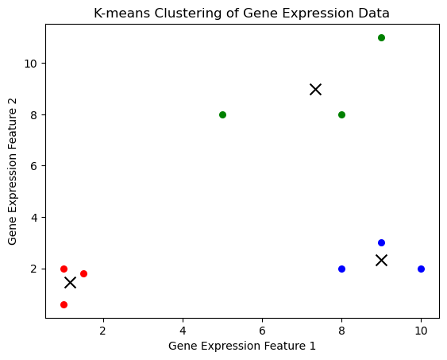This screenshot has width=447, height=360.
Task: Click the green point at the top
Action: (381, 37)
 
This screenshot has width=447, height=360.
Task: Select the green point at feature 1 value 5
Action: (222, 114)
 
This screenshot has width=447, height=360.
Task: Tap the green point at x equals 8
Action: (341, 114)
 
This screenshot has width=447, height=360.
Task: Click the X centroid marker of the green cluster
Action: (315, 89)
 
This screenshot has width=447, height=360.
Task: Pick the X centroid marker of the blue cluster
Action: (381, 260)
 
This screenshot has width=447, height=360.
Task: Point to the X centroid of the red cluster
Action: (70, 282)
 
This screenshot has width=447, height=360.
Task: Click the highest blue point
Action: (381, 242)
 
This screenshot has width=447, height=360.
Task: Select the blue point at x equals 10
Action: (421, 269)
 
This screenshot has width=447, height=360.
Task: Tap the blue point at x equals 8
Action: (341, 269)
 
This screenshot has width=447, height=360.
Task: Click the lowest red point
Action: (64, 304)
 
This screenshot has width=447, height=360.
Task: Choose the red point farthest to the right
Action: (83, 273)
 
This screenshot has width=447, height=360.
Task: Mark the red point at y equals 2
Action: (64, 269)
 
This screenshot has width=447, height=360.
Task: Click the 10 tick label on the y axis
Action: (30, 64)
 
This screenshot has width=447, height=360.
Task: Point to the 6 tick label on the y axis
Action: (34, 166)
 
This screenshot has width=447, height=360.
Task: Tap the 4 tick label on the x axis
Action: (183, 331)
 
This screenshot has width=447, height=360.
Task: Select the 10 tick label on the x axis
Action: (421, 331)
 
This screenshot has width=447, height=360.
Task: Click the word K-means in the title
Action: (121, 14)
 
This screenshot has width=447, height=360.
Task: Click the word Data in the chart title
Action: (376, 14)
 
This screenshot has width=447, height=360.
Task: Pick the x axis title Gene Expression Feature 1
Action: (242, 346)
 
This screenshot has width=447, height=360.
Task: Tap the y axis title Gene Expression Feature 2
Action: (12, 172)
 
